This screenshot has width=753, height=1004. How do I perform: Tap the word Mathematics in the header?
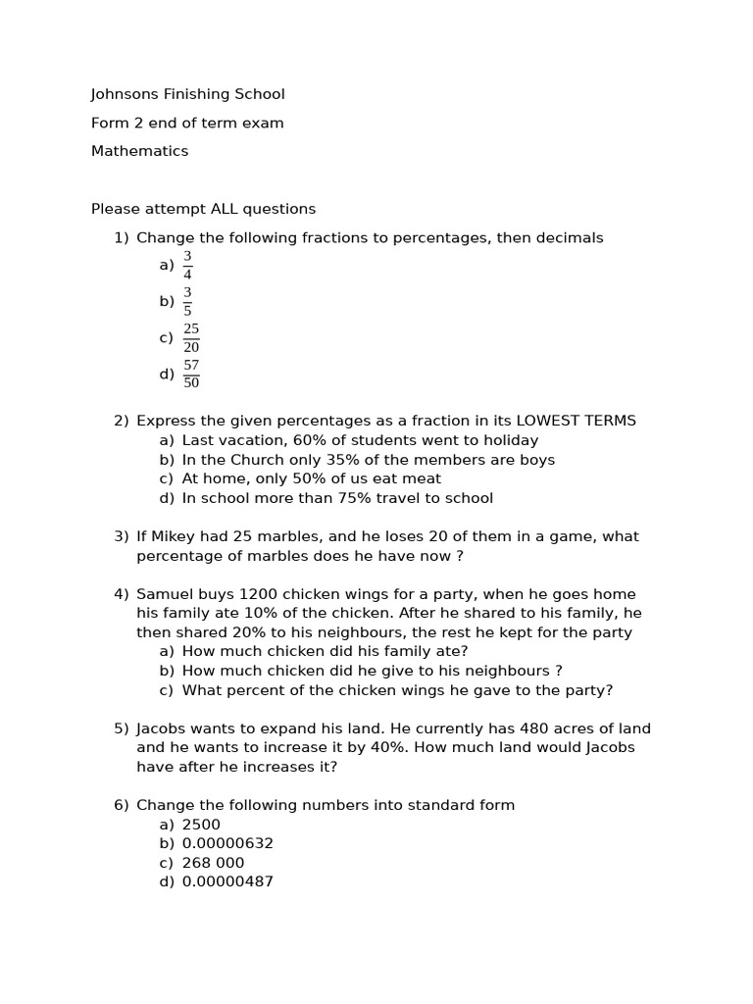click(x=139, y=152)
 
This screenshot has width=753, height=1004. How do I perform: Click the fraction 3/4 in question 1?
click(x=187, y=266)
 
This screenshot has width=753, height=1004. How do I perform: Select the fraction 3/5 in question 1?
click(x=187, y=302)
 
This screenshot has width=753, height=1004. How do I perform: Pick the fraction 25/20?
click(x=191, y=338)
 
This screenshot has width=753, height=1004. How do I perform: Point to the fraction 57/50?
click(x=191, y=375)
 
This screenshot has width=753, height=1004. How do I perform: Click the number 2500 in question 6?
click(x=201, y=826)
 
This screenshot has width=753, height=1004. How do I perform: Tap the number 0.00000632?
click(x=227, y=844)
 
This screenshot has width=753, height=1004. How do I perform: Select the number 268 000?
click(x=213, y=864)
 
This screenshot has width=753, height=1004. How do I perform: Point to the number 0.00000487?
click(x=227, y=882)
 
